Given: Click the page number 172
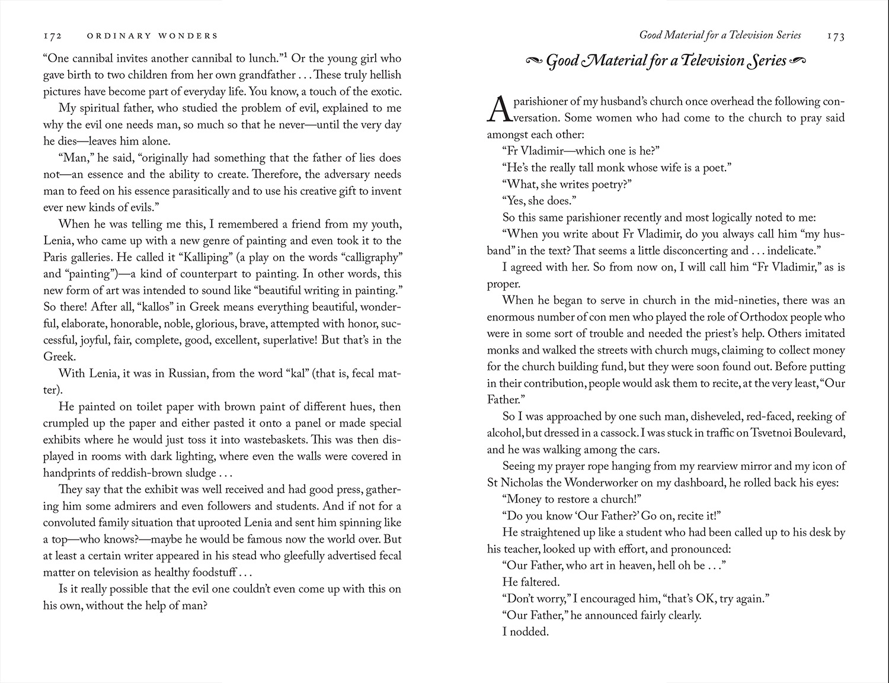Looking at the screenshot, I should tap(52, 36).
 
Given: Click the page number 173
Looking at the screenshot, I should tap(836, 36).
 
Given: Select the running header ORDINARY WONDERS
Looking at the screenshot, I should tap(152, 36).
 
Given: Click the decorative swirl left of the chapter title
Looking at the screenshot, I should tap(534, 60).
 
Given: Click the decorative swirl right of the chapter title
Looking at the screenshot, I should tap(798, 60).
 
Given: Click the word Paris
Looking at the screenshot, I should tap(58, 257).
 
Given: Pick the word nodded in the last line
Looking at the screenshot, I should tap(530, 631).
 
